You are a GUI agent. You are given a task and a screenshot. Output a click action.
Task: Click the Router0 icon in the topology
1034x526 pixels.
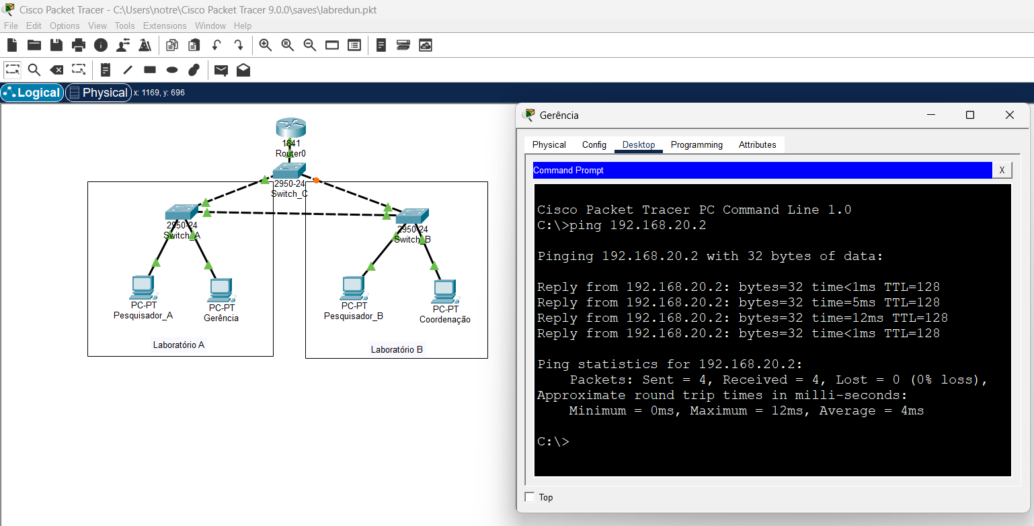(x=290, y=128)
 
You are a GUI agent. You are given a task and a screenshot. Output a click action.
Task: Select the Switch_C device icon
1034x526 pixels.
(x=289, y=171)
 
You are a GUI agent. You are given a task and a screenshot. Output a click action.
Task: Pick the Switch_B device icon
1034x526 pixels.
(x=412, y=216)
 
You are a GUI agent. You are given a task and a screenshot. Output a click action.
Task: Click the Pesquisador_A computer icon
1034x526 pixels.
(x=143, y=288)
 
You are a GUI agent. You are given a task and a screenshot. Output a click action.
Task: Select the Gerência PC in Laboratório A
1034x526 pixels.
(x=221, y=290)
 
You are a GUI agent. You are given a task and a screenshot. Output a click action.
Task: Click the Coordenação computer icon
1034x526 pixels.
(x=444, y=290)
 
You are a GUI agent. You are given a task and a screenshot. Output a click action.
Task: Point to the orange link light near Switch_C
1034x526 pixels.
(x=316, y=180)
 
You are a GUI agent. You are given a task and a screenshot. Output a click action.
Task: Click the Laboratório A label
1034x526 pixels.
(x=179, y=345)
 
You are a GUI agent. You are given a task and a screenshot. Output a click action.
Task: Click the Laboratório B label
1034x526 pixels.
(x=397, y=349)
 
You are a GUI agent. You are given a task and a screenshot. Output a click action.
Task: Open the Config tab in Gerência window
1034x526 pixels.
(x=594, y=145)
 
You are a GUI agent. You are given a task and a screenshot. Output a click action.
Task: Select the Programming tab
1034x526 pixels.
(x=697, y=145)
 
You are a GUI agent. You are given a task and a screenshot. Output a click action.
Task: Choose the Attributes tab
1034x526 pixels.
(x=757, y=145)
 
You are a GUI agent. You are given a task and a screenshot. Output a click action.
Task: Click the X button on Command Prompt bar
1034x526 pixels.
(x=1002, y=171)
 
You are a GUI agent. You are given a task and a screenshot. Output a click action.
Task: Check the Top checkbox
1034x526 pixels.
(x=530, y=497)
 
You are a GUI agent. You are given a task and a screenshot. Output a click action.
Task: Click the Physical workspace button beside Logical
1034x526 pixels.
(x=98, y=93)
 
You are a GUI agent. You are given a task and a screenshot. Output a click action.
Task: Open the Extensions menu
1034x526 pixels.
(x=165, y=26)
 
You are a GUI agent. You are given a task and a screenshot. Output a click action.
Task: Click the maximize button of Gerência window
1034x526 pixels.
(x=970, y=115)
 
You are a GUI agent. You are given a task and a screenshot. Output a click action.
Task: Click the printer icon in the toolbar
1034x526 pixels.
(x=79, y=45)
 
